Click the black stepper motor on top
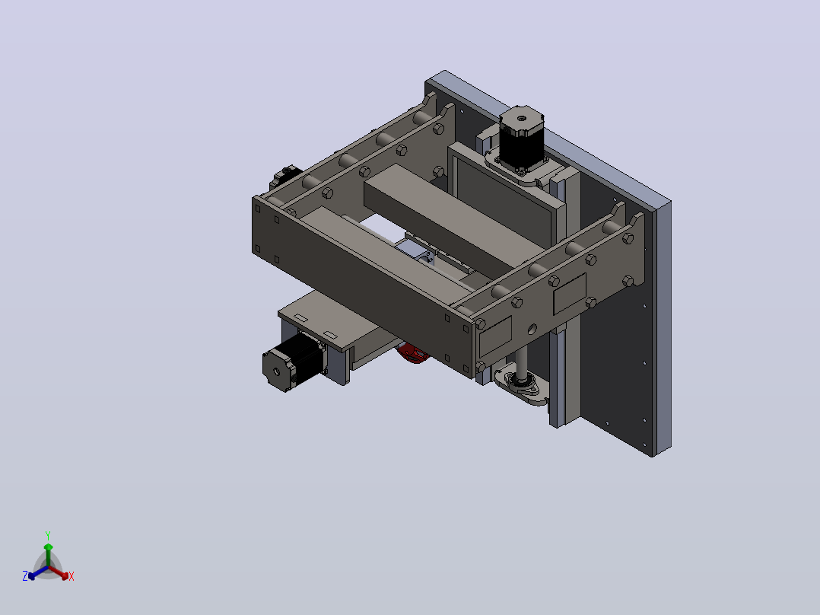521,139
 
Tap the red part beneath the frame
413,353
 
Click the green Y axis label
48,535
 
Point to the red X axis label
72,576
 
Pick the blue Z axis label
25,575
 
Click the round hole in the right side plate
532,330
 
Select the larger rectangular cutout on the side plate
570,293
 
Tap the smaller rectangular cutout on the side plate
494,336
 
